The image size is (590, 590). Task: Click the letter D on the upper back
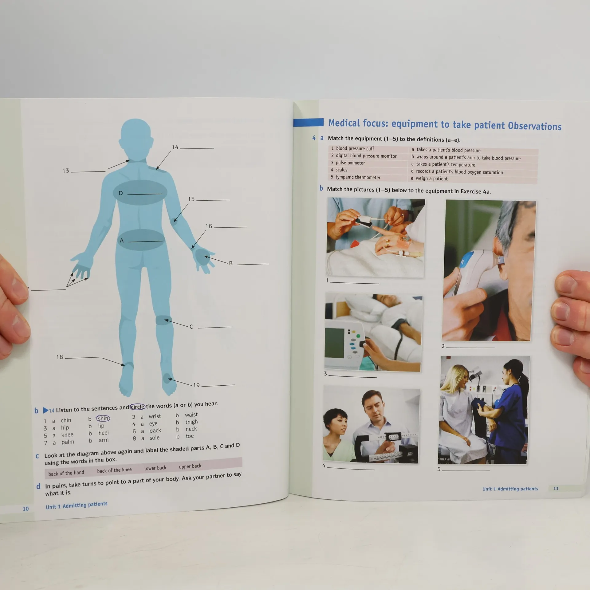[121, 193]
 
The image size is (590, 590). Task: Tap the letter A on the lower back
[122, 241]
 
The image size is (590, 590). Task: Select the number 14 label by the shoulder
[175, 147]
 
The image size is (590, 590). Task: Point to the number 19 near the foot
[196, 385]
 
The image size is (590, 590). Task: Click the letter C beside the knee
[191, 327]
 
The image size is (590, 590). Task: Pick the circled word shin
[103, 418]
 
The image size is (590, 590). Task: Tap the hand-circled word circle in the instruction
[137, 407]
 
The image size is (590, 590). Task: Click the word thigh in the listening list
[191, 422]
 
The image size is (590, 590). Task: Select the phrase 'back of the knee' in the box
[114, 470]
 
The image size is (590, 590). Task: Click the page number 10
[26, 509]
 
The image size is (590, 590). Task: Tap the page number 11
[556, 489]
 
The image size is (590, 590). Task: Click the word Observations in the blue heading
[535, 126]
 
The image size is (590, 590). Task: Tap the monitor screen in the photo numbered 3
[335, 343]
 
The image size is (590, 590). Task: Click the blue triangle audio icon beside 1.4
[45, 410]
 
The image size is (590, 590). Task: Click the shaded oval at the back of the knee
[164, 320]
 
